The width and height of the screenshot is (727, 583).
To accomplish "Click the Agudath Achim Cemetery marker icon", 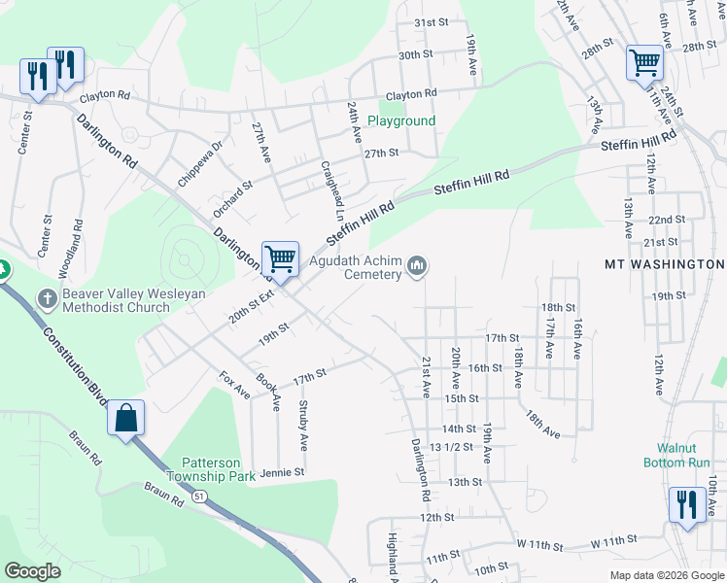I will [419, 265].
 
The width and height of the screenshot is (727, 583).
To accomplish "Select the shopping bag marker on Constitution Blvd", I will [126, 419].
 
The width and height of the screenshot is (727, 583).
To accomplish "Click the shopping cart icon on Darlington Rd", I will [280, 259].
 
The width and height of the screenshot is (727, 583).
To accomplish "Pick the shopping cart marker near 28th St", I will [644, 63].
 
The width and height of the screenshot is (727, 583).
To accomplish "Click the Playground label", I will [400, 121].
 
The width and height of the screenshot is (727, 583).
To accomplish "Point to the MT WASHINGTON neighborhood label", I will [664, 264].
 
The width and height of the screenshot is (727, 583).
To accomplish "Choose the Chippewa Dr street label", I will [201, 163].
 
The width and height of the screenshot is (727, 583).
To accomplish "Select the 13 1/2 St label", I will [450, 447].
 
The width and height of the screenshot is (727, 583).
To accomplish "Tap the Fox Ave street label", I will [234, 386].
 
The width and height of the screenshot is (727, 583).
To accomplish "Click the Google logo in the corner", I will [33, 571].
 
